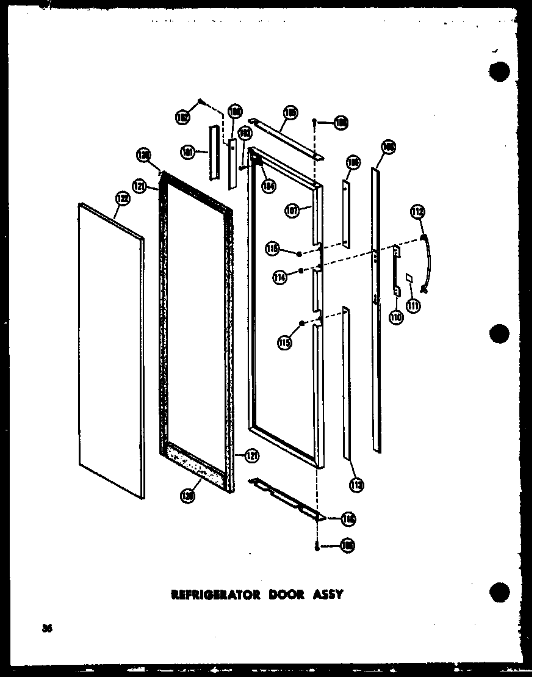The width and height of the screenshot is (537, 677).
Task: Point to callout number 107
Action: click(292, 211)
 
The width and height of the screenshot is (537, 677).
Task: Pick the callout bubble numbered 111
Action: click(414, 305)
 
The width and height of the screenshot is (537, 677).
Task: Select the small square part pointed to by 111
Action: click(409, 278)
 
